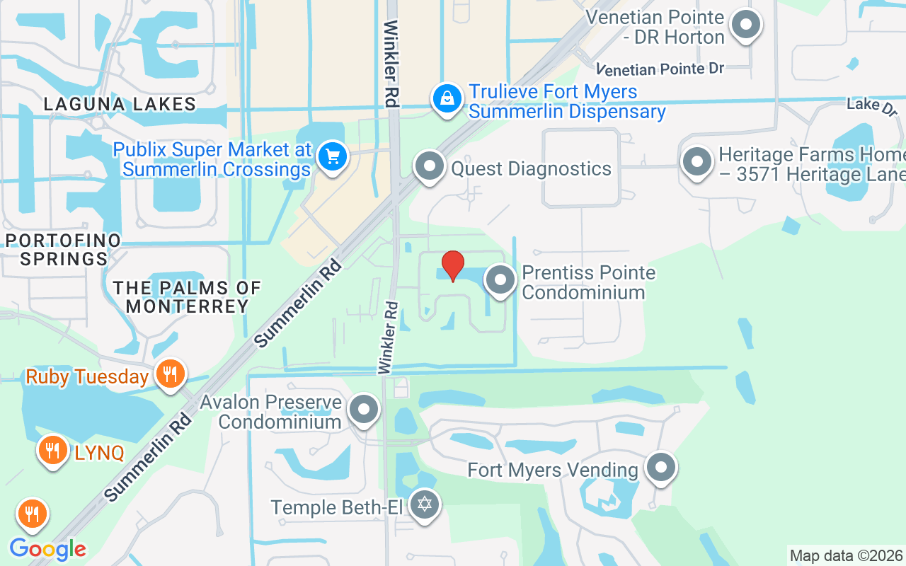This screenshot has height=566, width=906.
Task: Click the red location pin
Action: (452, 266)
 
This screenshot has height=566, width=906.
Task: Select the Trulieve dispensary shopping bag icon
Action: (447, 99)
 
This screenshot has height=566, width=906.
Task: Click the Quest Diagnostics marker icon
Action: (429, 167)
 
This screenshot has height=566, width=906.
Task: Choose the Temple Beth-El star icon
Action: (425, 504)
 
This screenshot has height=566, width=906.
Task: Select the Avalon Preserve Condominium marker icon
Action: (365, 409)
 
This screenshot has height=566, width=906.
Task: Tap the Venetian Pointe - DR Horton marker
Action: (745, 25)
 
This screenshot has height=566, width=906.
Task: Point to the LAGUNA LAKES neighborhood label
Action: (120, 104)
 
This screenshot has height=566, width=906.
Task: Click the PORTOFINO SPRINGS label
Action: (64, 249)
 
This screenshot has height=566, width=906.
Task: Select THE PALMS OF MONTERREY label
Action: (188, 297)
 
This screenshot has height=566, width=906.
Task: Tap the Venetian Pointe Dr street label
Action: (660, 69)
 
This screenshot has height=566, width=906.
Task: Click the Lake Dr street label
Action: (872, 105)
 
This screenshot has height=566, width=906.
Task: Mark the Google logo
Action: (47, 549)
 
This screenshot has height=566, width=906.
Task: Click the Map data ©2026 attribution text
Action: (846, 555)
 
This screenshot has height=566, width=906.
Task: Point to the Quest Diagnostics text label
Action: (531, 168)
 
